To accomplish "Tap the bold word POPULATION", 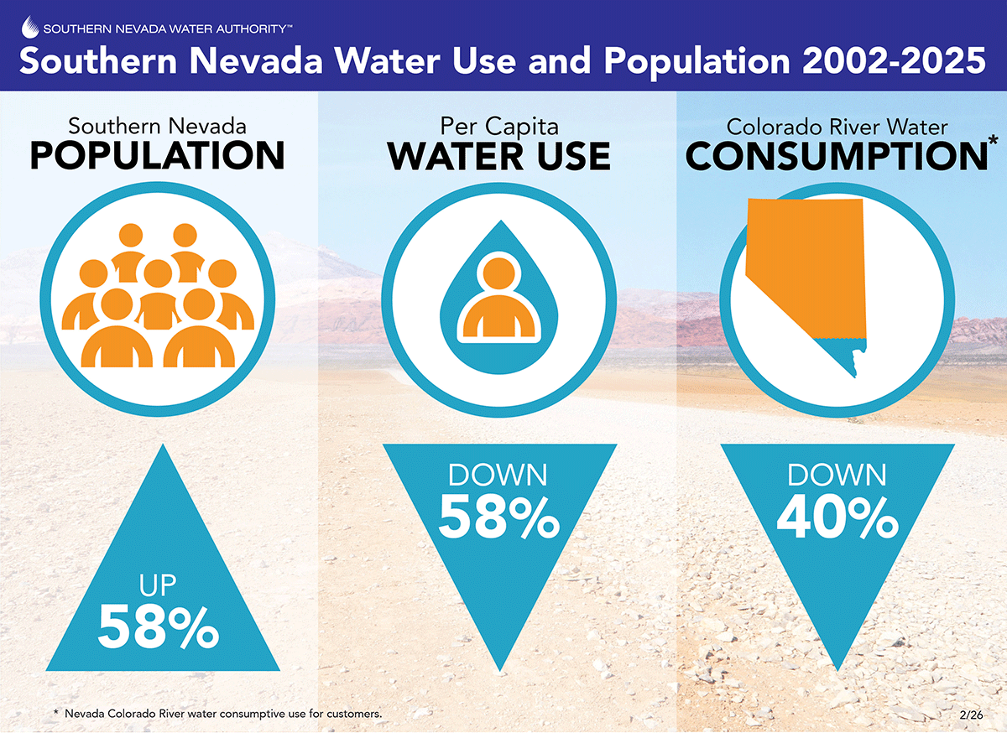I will pos(157,156).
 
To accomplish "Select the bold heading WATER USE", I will pos(499,156).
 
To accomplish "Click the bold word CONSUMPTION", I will pos(836,157).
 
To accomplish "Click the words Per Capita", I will pos(499,126).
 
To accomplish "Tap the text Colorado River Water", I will pos(837,127).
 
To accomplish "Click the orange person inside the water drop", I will pos(499,299).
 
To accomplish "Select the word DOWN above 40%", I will pos(837,476).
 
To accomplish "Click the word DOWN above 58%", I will pos(498,476).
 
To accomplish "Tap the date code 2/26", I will pos(971,715).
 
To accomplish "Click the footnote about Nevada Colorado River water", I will pos(218,714).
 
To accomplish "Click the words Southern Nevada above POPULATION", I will pos(157,126).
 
